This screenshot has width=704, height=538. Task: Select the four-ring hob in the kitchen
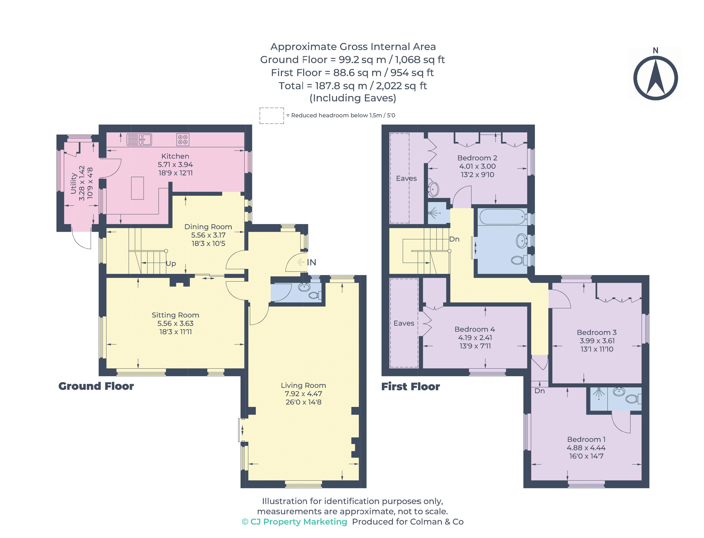pos(183,139)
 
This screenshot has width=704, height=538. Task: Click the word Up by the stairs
pos(171,263)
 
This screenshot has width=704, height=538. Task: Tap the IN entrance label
pos(311,262)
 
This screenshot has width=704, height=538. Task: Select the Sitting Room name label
pos(175,315)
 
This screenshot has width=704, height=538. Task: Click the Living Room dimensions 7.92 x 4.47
pos(303,394)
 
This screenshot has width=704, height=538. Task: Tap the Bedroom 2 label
pos(477,158)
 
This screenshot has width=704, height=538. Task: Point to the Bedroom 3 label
pos(596,332)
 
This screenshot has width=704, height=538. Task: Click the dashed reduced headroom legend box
pos(271,116)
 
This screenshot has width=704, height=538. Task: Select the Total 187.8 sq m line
pos(352,86)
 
